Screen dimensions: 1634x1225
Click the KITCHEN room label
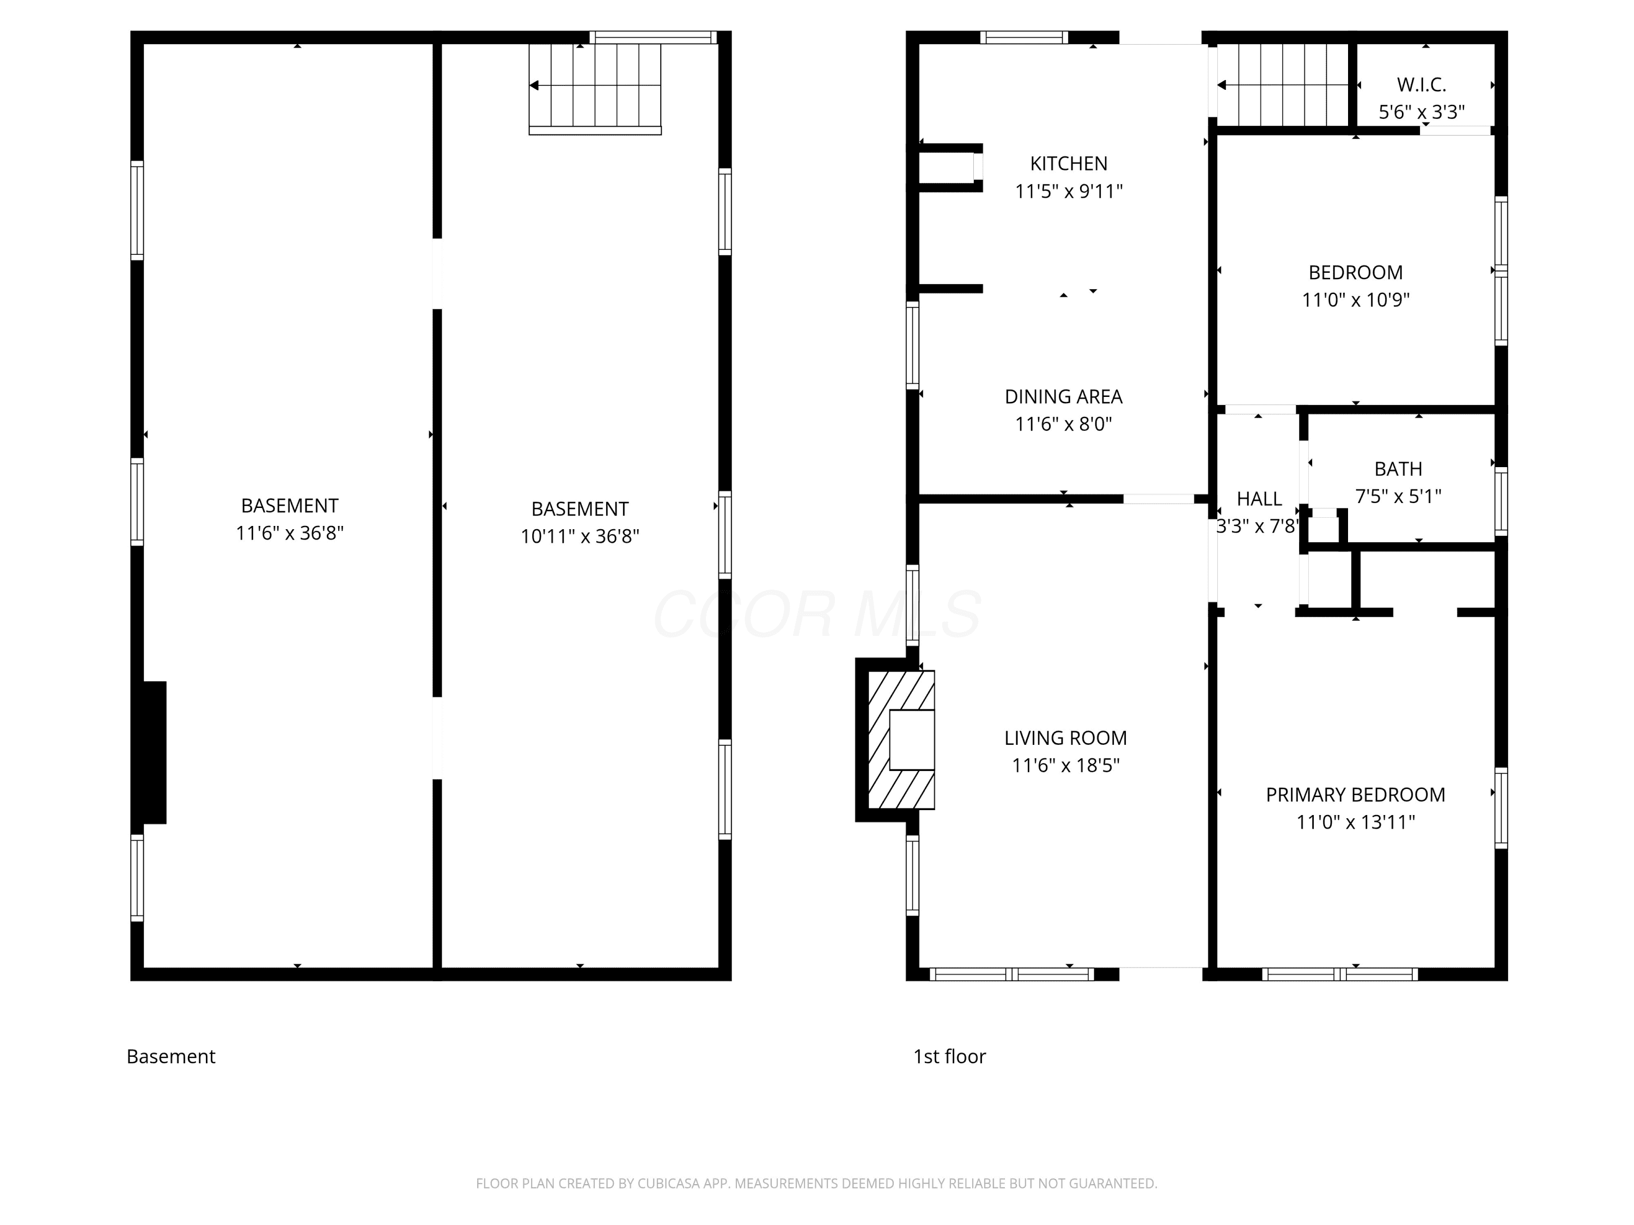(1068, 163)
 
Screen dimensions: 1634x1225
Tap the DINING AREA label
(1063, 396)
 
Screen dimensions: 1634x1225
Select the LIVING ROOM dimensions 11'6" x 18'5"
(1065, 765)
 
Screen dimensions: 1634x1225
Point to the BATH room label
(1398, 469)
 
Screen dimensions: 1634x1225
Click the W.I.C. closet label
(1421, 85)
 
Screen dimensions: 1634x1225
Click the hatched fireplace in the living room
(901, 739)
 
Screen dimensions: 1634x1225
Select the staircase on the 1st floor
(1284, 85)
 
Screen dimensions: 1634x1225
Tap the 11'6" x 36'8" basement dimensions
(290, 533)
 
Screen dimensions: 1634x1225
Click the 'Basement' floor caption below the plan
(170, 1057)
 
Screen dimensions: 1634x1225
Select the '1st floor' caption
(949, 1057)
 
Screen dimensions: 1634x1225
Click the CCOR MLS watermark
(817, 614)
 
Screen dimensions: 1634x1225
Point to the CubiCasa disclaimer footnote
(816, 1184)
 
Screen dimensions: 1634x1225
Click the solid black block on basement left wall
(154, 752)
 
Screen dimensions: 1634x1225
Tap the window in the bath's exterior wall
(1501, 501)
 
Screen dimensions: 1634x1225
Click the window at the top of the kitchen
(1024, 38)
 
